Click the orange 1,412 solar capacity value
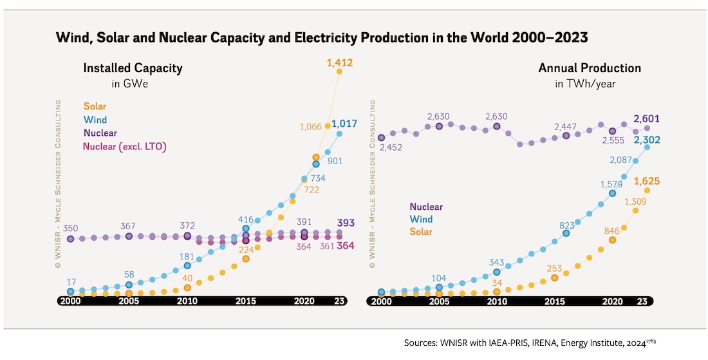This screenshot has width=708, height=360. click(x=339, y=63)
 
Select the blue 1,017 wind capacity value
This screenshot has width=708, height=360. click(x=344, y=124)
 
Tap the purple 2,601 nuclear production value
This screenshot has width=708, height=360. click(x=647, y=118)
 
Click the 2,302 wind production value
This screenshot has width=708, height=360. click(x=647, y=140)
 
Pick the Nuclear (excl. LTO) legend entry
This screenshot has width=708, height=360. click(x=125, y=147)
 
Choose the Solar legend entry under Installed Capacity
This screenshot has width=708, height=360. click(x=95, y=106)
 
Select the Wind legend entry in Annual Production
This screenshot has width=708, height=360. click(x=421, y=220)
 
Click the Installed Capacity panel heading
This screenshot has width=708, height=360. click(x=133, y=68)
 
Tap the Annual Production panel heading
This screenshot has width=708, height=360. click(x=590, y=68)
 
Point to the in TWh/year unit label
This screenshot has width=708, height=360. click(x=586, y=84)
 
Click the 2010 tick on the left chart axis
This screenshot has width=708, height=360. click(x=187, y=301)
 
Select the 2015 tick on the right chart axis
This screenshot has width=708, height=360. click(x=555, y=301)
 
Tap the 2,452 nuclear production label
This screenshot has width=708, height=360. click(x=392, y=147)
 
